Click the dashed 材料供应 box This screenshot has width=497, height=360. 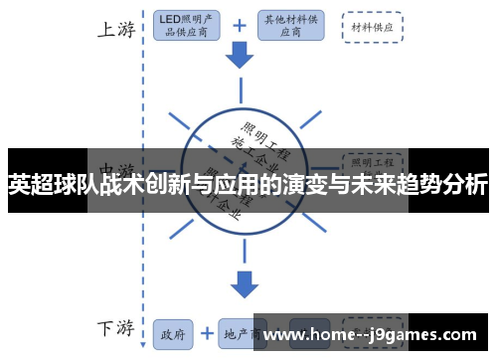click(372, 27)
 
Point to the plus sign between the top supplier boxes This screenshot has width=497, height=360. click(240, 26)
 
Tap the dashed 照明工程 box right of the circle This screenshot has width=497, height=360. click(372, 160)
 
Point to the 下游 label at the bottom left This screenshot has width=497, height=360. click(116, 327)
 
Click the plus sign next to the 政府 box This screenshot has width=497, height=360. click(206, 333)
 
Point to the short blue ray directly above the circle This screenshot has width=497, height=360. click(240, 93)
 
